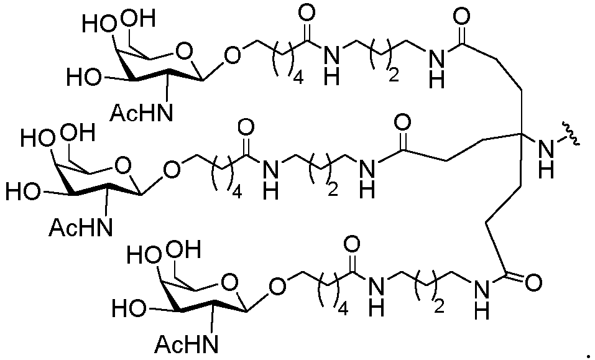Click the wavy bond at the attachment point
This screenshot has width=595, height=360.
pos(571,134)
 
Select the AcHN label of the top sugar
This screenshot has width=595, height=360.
pos(141,112)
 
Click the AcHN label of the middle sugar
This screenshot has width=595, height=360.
pos(81,227)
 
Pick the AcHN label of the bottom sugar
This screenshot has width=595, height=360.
pos(187,344)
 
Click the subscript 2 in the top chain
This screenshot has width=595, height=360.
pos(394,75)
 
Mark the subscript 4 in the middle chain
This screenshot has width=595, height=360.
pos(237,193)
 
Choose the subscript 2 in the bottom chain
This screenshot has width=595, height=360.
pos(439,306)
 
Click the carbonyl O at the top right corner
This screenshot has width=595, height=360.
pos(461,16)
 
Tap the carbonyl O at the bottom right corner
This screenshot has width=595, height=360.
pos(533,282)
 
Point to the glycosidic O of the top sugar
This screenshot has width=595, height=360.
pos(232,55)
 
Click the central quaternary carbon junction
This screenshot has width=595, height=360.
pos(520,134)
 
